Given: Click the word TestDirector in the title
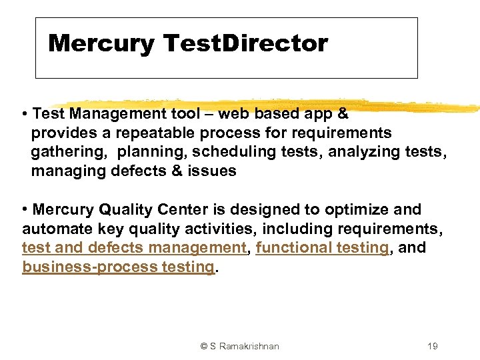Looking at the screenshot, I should click(245, 44).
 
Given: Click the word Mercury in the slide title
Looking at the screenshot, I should click(101, 44).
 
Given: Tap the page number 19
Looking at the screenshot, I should click(433, 346).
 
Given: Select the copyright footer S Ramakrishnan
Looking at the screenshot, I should click(239, 346).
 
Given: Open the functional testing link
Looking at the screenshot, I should click(322, 248).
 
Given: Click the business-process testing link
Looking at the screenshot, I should click(118, 267).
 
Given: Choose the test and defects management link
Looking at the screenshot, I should click(134, 248).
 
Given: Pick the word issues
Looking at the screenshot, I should click(212, 171).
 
